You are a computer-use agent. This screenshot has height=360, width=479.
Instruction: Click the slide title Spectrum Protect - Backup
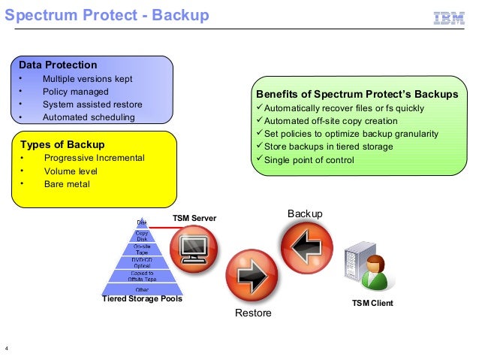tap(108, 16)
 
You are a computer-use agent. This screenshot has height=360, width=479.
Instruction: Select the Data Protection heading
tap(58, 65)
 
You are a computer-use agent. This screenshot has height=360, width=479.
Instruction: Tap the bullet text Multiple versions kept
tap(86, 79)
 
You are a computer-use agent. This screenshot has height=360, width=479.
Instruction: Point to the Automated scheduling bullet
tap(89, 117)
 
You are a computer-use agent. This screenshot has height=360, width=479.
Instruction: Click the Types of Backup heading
tap(62, 144)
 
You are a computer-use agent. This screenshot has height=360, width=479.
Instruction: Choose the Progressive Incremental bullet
tap(94, 158)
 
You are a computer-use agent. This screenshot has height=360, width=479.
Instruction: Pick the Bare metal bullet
tap(67, 183)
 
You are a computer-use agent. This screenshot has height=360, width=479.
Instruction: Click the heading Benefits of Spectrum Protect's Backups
tap(357, 95)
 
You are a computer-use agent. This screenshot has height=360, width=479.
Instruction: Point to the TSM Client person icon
tap(374, 274)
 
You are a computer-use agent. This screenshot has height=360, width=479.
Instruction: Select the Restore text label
tap(253, 313)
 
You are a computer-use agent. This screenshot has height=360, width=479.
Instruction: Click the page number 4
tap(7, 348)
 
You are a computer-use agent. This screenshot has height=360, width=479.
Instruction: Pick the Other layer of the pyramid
tap(141, 289)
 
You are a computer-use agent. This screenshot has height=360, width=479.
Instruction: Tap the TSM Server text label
tap(194, 218)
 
